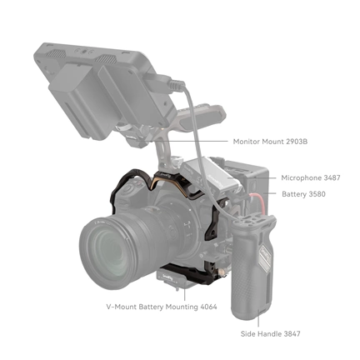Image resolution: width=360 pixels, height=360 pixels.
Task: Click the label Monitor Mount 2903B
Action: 271,142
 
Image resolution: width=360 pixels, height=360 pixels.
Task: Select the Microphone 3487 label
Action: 311,178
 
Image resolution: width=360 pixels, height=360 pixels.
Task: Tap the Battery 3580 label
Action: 304,194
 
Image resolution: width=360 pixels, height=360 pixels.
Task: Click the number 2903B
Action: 296,142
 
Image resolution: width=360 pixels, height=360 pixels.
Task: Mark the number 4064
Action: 207,307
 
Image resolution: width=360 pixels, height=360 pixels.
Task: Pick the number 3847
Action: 290,333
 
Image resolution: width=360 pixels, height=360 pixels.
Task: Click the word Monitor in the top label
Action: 247,142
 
